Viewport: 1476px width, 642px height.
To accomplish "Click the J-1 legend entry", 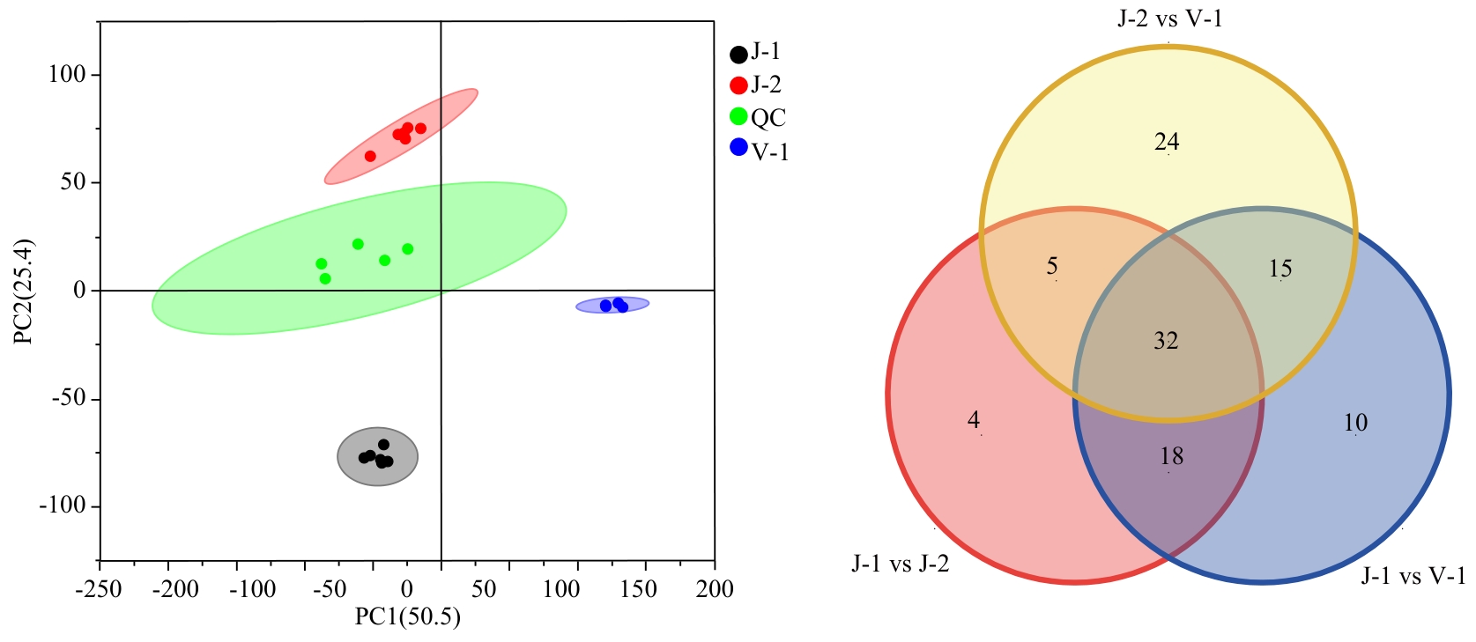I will (x=755, y=53).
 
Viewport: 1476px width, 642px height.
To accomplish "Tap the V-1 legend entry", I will (x=759, y=151).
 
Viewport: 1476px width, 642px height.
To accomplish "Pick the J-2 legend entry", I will (x=756, y=85).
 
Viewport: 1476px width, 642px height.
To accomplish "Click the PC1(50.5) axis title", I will (x=407, y=616).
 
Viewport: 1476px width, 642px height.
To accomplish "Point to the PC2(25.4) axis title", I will (x=24, y=291).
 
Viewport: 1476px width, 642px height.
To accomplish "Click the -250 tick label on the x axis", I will (x=99, y=589).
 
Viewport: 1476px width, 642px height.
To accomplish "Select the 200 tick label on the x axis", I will (x=714, y=589).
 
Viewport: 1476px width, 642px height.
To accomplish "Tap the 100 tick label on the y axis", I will (x=67, y=75).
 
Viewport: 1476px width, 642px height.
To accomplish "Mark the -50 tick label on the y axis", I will (x=69, y=398).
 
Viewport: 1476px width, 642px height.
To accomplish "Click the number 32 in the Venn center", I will (x=1166, y=341).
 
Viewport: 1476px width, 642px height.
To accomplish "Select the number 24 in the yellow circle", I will (x=1167, y=142).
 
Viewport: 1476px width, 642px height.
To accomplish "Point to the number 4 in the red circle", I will (x=974, y=420).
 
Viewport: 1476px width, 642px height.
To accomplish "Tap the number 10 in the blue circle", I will (x=1355, y=424).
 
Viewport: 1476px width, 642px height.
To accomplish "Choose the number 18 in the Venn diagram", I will (x=1171, y=456).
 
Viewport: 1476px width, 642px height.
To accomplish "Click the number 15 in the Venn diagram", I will (x=1280, y=269).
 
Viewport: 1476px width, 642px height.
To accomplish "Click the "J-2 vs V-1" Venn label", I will (x=1169, y=18).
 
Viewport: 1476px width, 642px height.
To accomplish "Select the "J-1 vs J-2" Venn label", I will (x=900, y=564).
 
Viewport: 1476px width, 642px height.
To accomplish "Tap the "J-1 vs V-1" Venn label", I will (x=1413, y=576).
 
